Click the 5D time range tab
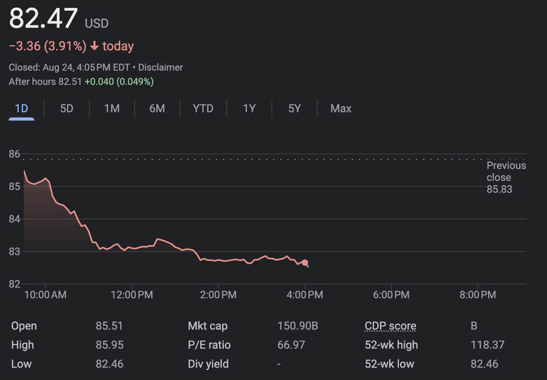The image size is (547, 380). pos(67,108)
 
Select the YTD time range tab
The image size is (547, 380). pos(203,108)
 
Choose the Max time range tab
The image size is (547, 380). pos(341,108)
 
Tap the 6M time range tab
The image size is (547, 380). pos(157,108)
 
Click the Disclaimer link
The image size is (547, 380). pos(160,67)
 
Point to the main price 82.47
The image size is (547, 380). pos(44,19)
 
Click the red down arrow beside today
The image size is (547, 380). pos(94,46)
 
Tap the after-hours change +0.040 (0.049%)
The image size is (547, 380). pos(119,82)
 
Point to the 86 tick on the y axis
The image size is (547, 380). pos(15,154)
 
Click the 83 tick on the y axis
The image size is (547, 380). pos(15,252)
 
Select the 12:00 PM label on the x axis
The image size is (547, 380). pos(132,295)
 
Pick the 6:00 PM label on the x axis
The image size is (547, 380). pos(391,295)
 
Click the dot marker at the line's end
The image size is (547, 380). pos(305,263)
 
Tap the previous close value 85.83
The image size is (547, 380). pos(499,190)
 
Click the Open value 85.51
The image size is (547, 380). pos(109,326)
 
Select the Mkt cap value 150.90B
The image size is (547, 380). pos(298,326)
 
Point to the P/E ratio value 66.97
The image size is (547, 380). pos(291,345)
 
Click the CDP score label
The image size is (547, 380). pos(390,326)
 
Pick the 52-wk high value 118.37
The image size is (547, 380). pos(487,345)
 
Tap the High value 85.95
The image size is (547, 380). pos(109,345)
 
